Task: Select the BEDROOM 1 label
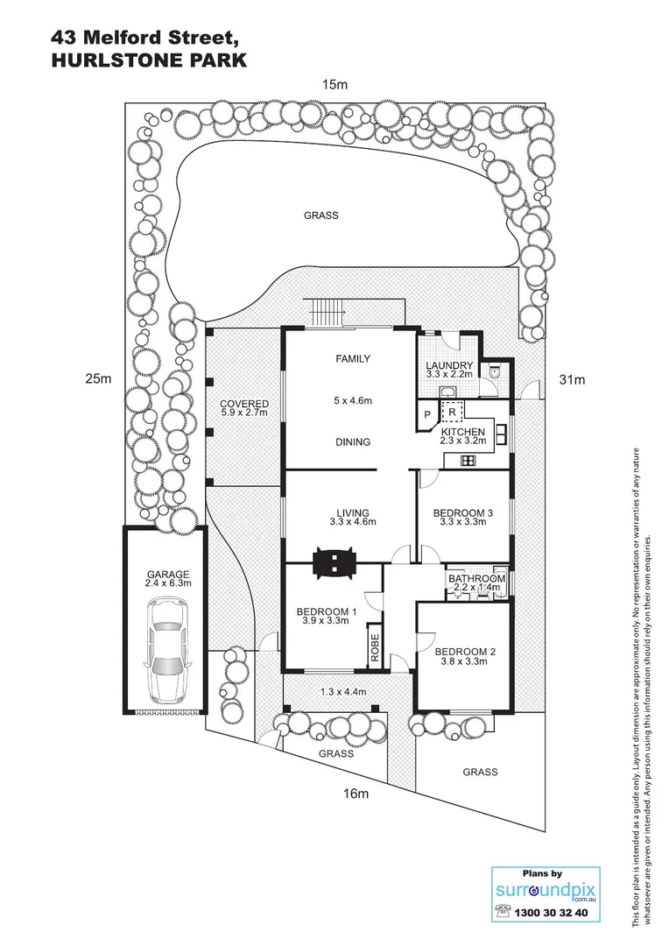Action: click(327, 611)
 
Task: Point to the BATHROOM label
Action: click(477, 579)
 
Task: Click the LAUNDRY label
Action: click(449, 365)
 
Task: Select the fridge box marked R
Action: click(451, 411)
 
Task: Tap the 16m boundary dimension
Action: click(354, 794)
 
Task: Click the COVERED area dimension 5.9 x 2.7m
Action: click(244, 413)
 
